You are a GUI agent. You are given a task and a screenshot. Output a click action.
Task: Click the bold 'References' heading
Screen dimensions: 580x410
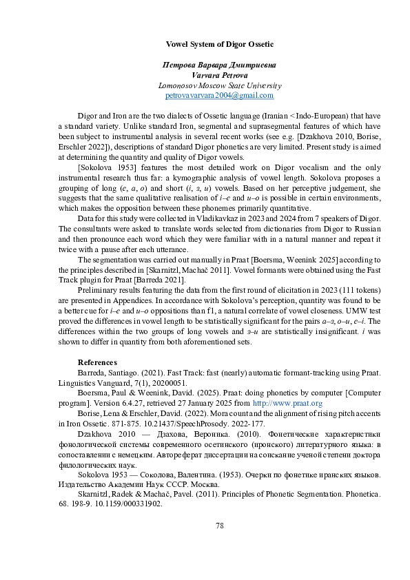click(97, 362)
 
